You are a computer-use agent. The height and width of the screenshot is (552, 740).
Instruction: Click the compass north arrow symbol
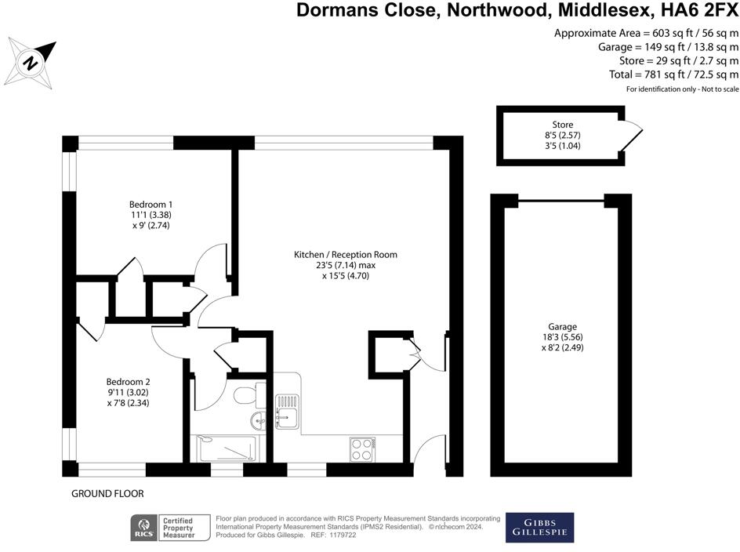tap(31, 61)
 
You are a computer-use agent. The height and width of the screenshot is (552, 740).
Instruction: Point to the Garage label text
tap(562, 326)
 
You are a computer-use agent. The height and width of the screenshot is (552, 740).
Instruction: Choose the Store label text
tap(562, 125)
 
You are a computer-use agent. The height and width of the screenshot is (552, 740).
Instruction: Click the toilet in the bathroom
tap(246, 391)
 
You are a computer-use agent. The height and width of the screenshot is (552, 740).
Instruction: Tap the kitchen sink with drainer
tap(288, 409)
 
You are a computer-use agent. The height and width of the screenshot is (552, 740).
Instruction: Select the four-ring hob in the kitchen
tap(362, 448)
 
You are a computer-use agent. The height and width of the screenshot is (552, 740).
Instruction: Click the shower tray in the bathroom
tap(227, 448)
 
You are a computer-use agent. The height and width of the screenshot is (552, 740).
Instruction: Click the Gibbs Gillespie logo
tap(539, 528)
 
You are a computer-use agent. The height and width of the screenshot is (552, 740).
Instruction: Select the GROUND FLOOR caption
tap(107, 494)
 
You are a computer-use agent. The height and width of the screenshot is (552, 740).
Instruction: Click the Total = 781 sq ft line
tap(673, 74)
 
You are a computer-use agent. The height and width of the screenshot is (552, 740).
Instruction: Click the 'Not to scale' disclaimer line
tap(682, 89)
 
